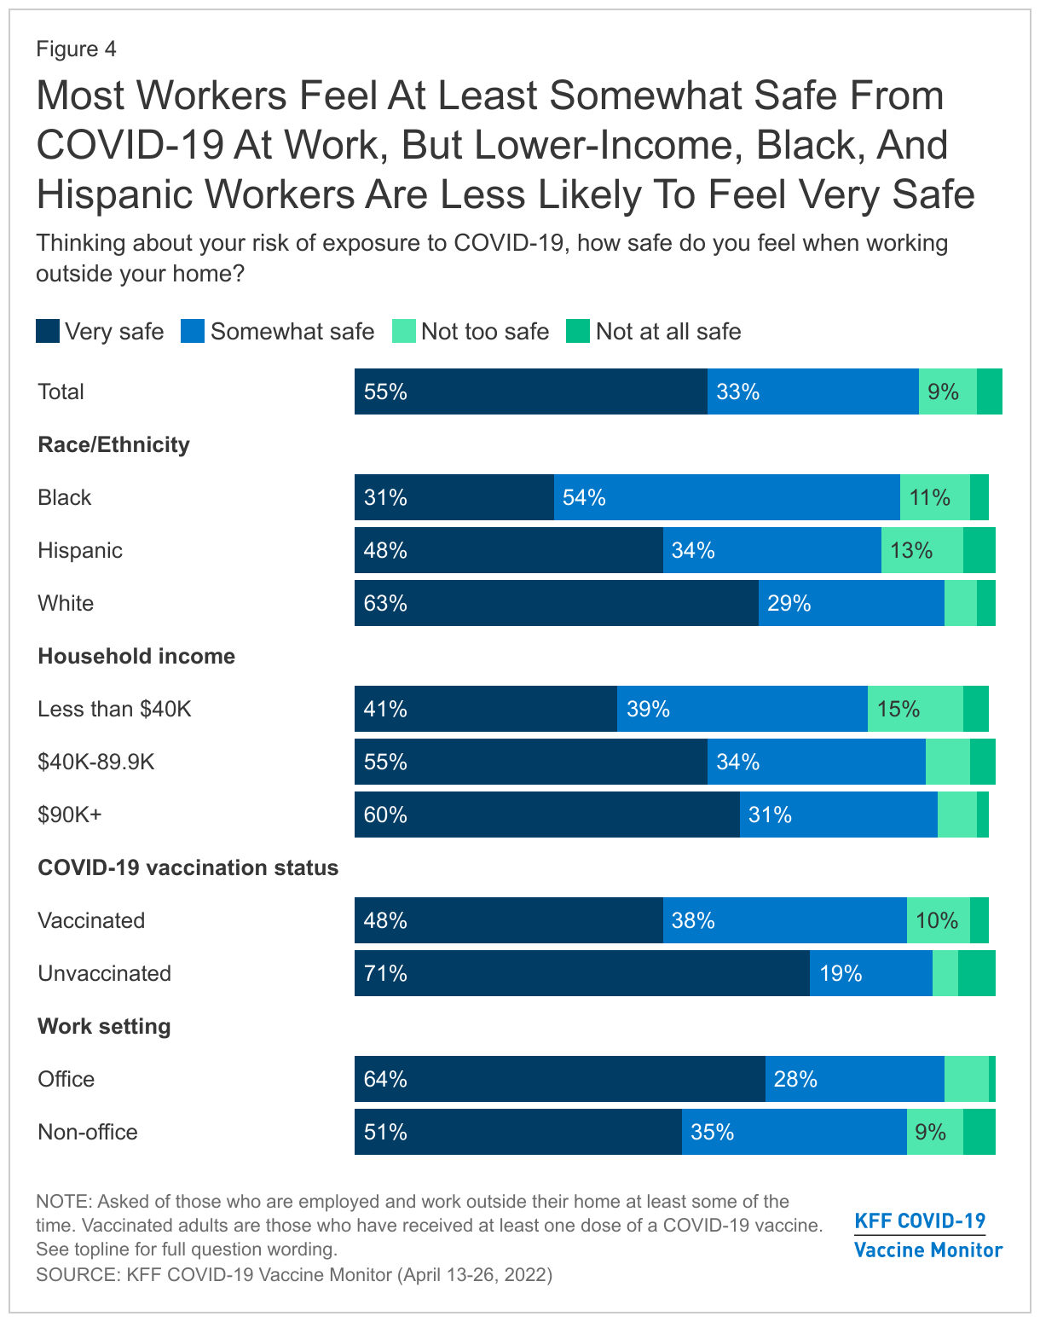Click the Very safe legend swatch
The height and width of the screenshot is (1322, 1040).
48,332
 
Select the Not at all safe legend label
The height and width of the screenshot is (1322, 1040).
668,332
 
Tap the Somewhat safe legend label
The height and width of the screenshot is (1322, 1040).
292,332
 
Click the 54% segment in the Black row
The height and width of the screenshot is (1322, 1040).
726,497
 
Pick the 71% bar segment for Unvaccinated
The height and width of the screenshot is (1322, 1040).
581,973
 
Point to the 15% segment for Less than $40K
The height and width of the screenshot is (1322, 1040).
915,709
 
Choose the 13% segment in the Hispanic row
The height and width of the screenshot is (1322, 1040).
922,550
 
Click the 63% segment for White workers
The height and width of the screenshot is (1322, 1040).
556,603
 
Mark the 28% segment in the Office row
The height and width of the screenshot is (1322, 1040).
854,1079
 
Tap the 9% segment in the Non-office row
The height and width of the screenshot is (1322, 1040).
934,1132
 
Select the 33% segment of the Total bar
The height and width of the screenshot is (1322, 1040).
812,391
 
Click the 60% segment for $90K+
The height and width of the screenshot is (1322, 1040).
546,815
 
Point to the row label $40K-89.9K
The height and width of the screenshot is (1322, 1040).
96,762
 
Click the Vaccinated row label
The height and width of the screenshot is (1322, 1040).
91,920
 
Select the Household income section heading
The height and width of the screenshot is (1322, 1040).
136,656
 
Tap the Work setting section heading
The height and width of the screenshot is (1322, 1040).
104,1026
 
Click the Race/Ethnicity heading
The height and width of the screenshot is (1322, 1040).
113,444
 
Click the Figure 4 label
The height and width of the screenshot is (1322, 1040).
76,49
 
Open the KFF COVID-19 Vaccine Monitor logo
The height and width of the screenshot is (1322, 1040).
927,1235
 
